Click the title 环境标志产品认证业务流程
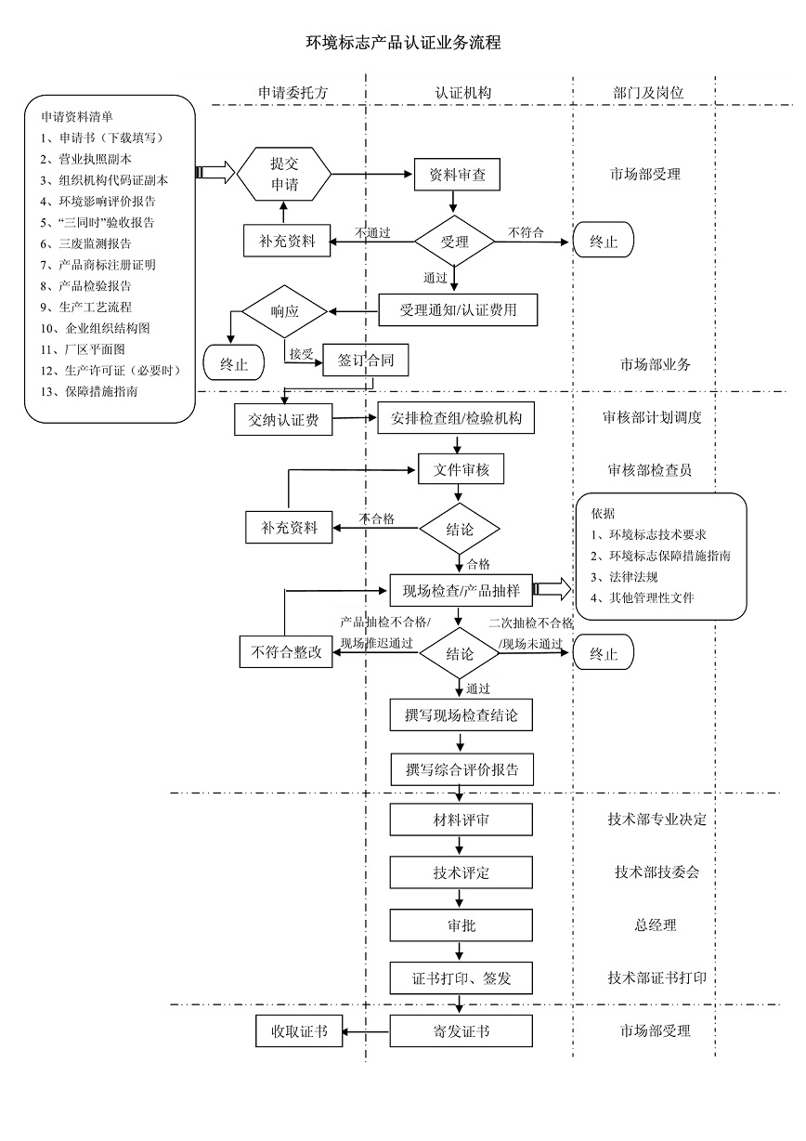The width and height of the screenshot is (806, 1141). click(x=403, y=43)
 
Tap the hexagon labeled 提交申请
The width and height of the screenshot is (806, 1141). click(x=284, y=173)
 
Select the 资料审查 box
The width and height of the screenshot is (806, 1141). click(x=457, y=174)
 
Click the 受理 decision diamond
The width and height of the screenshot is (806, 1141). click(x=454, y=243)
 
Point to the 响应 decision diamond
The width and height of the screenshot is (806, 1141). click(x=284, y=311)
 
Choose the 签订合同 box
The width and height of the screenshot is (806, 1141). click(x=365, y=361)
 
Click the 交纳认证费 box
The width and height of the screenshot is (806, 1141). click(x=283, y=420)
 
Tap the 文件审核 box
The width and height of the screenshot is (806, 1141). click(x=461, y=470)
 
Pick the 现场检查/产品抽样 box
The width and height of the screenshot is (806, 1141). click(x=461, y=589)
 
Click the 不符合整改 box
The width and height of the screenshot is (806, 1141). click(x=285, y=651)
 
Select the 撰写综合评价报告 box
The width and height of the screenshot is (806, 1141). click(x=461, y=769)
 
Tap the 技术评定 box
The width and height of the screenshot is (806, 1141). click(x=461, y=872)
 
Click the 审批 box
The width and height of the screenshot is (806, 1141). click(x=461, y=925)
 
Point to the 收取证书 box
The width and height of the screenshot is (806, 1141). click(x=298, y=1031)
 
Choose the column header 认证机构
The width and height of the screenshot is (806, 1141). click(x=462, y=93)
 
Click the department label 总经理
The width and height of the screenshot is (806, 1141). click(x=655, y=925)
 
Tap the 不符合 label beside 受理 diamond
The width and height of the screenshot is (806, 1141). click(x=526, y=232)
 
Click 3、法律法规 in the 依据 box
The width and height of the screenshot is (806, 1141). click(x=624, y=577)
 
